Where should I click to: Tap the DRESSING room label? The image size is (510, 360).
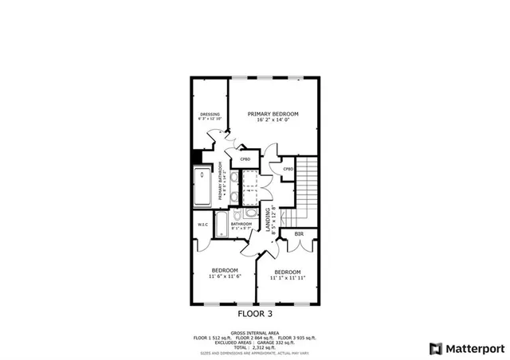[x=210, y=114]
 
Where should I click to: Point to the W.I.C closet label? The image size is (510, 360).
[x=203, y=225]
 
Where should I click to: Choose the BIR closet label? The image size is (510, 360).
[x=299, y=234]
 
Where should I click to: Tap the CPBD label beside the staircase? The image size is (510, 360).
[x=288, y=169]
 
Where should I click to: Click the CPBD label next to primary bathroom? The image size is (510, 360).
[x=245, y=159]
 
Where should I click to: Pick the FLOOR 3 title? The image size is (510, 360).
[x=255, y=314]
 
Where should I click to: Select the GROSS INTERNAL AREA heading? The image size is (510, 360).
[x=255, y=333]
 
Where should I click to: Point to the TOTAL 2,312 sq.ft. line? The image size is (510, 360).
[x=255, y=347]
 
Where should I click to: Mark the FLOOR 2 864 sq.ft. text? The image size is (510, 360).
[x=255, y=338]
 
